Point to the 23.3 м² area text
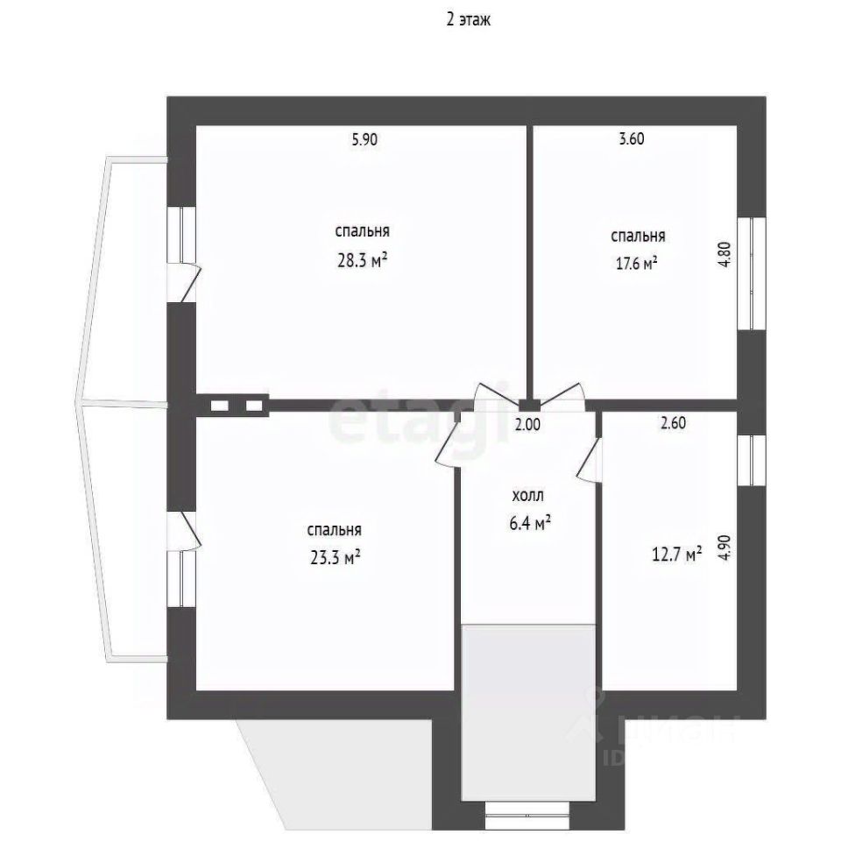(x=335, y=557)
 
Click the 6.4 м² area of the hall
(x=530, y=524)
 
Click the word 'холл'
(x=528, y=497)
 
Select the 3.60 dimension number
(x=631, y=138)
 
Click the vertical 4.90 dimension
(x=724, y=547)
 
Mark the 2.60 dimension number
(x=672, y=422)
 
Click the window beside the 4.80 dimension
(x=751, y=272)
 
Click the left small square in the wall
(x=219, y=405)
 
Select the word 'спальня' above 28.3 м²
(x=362, y=232)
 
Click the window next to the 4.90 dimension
(x=751, y=458)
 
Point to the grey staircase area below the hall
(x=528, y=710)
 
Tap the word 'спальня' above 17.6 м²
(x=637, y=236)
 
